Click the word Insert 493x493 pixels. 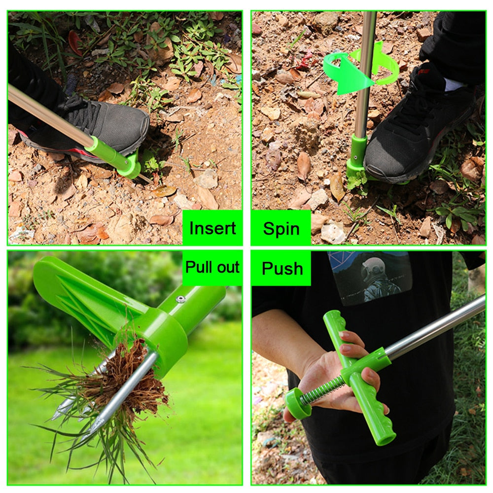point(212,228)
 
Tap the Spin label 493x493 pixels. point(281,228)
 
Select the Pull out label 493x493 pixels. point(212,268)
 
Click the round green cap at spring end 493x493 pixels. point(297,402)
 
